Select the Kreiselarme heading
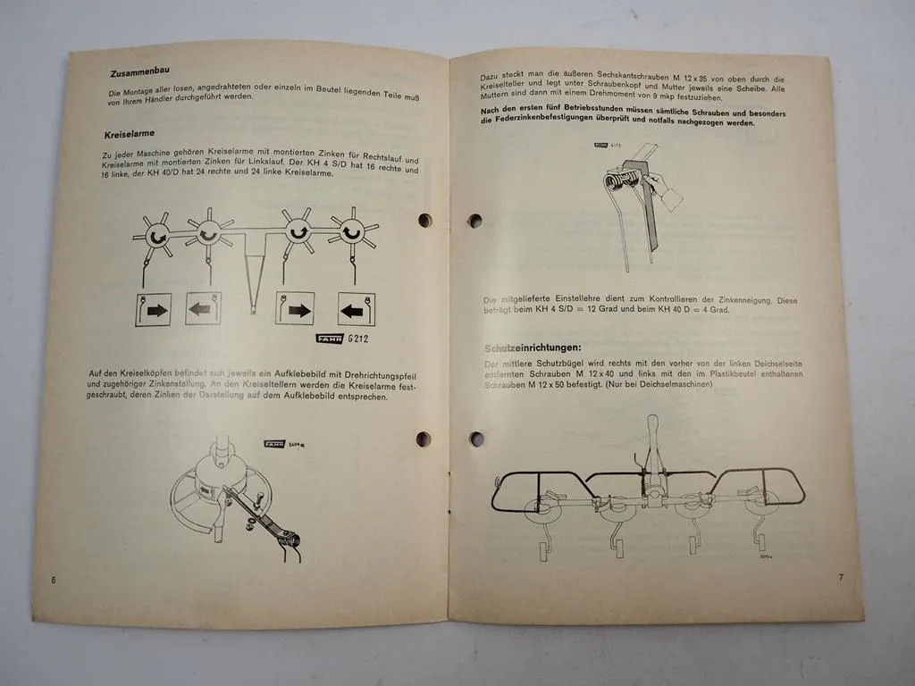tap(131, 135)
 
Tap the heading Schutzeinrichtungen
tap(533, 347)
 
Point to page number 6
tap(54, 580)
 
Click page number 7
tap(841, 577)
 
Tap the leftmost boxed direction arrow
tap(153, 309)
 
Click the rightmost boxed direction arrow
tap(356, 309)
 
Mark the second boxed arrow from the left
tap(203, 308)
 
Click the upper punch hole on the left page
tap(424, 220)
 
